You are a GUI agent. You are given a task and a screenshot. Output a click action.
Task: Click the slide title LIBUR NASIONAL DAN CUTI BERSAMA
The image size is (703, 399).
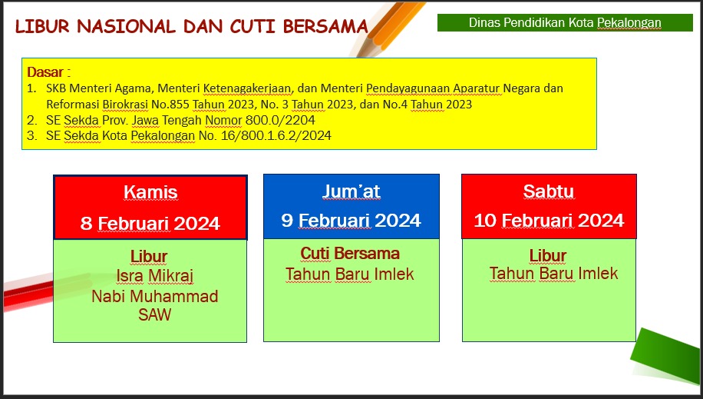pos(191,26)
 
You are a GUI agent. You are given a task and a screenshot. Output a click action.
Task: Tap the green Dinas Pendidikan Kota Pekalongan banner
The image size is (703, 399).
pos(565,22)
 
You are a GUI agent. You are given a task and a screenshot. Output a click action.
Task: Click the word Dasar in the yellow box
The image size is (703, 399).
pos(45,72)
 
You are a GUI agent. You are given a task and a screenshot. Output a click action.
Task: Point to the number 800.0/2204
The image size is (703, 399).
pos(280,120)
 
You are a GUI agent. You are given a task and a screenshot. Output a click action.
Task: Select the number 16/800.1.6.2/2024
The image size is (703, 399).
pos(276,135)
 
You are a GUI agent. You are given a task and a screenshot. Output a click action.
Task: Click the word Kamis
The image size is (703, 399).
pos(150,192)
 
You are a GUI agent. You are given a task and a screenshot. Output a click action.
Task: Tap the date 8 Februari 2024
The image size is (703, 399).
pos(150,223)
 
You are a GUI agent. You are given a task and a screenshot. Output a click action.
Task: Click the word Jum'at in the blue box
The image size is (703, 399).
pos(351,191)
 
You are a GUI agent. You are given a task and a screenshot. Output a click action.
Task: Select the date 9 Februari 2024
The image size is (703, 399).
pos(351,220)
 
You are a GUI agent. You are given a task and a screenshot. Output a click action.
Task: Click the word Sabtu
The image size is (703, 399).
pos(548,191)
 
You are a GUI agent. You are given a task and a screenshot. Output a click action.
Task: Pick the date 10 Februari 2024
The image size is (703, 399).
pos(549,220)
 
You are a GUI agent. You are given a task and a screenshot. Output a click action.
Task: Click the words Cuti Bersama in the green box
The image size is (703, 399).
pos(350,254)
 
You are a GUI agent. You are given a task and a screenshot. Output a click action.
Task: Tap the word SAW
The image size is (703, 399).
pos(155,314)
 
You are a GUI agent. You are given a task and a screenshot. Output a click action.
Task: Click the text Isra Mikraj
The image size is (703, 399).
pos(155,276)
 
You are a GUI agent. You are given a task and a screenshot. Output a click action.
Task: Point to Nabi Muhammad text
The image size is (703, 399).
pos(155,296)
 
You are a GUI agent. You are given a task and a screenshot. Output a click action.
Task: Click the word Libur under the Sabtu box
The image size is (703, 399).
pos(548,255)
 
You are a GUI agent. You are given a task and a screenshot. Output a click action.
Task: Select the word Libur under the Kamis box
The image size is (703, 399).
pos(149,257)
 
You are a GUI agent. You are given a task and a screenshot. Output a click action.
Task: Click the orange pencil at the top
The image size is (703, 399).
pos(387,28)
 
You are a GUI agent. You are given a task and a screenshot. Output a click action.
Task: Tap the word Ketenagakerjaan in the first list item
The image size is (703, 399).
pos(247,88)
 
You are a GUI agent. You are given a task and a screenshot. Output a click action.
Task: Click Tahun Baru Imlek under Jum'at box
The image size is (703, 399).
pos(350,274)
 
